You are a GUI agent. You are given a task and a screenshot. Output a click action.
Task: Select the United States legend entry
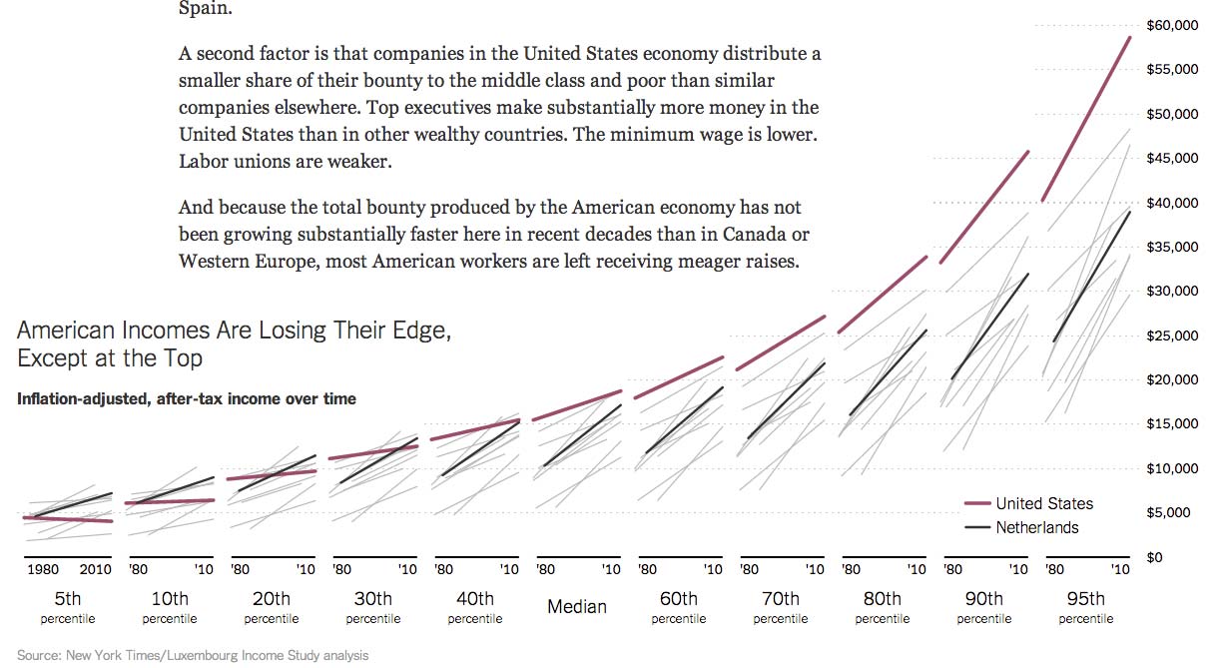pos(1043,504)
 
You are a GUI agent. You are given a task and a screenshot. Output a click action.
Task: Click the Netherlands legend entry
pos(1036,528)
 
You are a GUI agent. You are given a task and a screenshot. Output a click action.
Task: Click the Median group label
pos(577,606)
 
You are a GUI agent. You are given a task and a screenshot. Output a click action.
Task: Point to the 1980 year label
pos(43,570)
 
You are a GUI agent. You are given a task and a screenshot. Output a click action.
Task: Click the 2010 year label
pos(96,570)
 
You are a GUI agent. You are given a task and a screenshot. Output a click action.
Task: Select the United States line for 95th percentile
pos(1086,119)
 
